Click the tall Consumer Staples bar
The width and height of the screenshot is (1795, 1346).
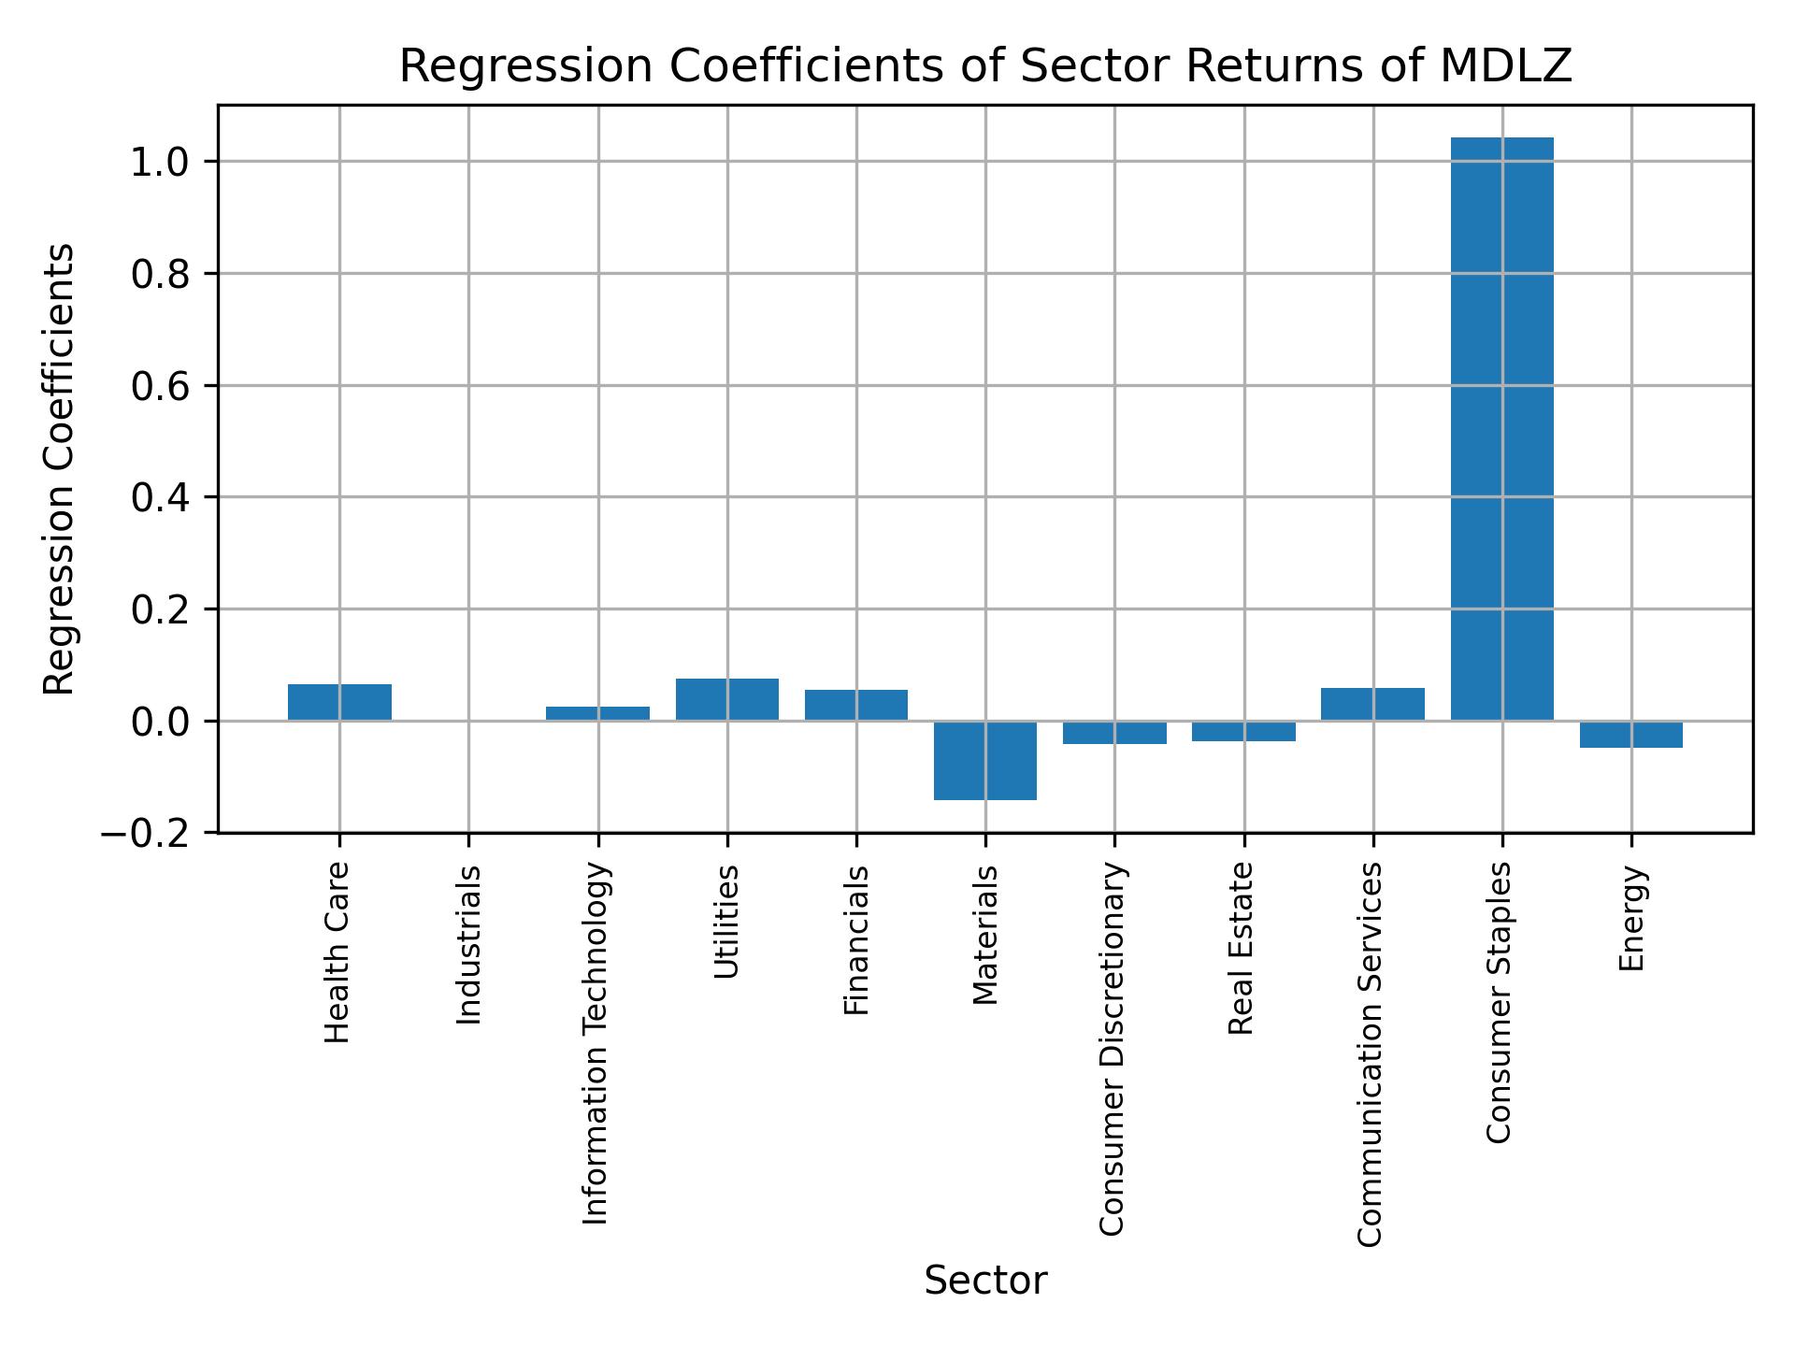1501,430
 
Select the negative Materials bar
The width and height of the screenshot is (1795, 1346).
985,760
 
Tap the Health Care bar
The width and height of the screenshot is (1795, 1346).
339,702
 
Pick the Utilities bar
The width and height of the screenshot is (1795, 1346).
727,699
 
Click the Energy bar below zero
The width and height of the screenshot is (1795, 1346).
1630,735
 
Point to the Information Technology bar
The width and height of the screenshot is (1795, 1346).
597,713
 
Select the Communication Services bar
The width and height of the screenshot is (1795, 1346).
1372,704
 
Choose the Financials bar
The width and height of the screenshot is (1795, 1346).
856,705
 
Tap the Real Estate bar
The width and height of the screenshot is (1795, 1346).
1243,731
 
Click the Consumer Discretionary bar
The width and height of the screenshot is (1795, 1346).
1114,733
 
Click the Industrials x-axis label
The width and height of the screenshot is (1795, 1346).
469,945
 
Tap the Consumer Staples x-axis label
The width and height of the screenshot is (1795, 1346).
1500,1002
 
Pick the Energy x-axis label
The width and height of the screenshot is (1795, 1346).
1631,918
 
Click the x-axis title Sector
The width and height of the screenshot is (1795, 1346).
985,1281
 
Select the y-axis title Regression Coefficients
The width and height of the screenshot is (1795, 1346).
60,469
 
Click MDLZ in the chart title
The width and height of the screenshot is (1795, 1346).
1505,66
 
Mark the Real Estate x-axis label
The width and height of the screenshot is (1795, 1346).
1241,949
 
